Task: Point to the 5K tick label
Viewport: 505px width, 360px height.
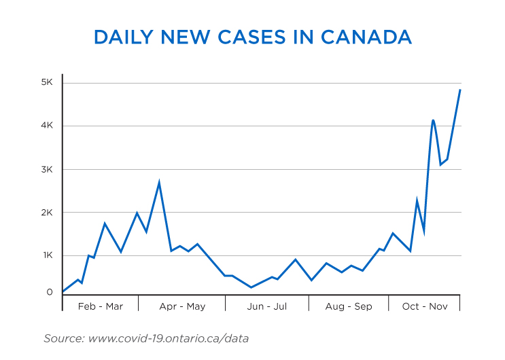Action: pos(48,82)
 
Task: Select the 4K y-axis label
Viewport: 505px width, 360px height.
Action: pos(48,126)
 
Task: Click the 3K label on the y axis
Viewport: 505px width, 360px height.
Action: pos(48,169)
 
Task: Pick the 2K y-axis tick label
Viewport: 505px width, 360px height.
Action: pos(48,213)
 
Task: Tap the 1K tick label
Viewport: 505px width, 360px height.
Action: pos(48,255)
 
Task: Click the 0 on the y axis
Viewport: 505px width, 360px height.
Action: pos(50,293)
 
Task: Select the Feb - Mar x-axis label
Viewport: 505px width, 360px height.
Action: pos(101,306)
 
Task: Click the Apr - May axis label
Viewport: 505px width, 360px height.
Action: pos(182,306)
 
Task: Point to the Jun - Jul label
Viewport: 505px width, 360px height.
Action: pos(266,306)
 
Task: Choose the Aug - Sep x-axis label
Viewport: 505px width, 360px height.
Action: pos(349,306)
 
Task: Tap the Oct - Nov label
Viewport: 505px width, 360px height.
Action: pos(425,306)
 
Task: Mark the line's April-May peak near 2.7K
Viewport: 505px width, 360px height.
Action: pos(159,182)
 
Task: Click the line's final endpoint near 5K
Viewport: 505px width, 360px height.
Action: pos(460,90)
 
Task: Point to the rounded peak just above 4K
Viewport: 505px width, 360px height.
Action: pos(433,120)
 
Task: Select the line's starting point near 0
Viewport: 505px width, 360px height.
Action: pos(63,291)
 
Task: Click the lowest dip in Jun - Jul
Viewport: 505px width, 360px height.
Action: pos(251,287)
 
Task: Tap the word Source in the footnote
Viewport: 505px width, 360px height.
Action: pos(63,338)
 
